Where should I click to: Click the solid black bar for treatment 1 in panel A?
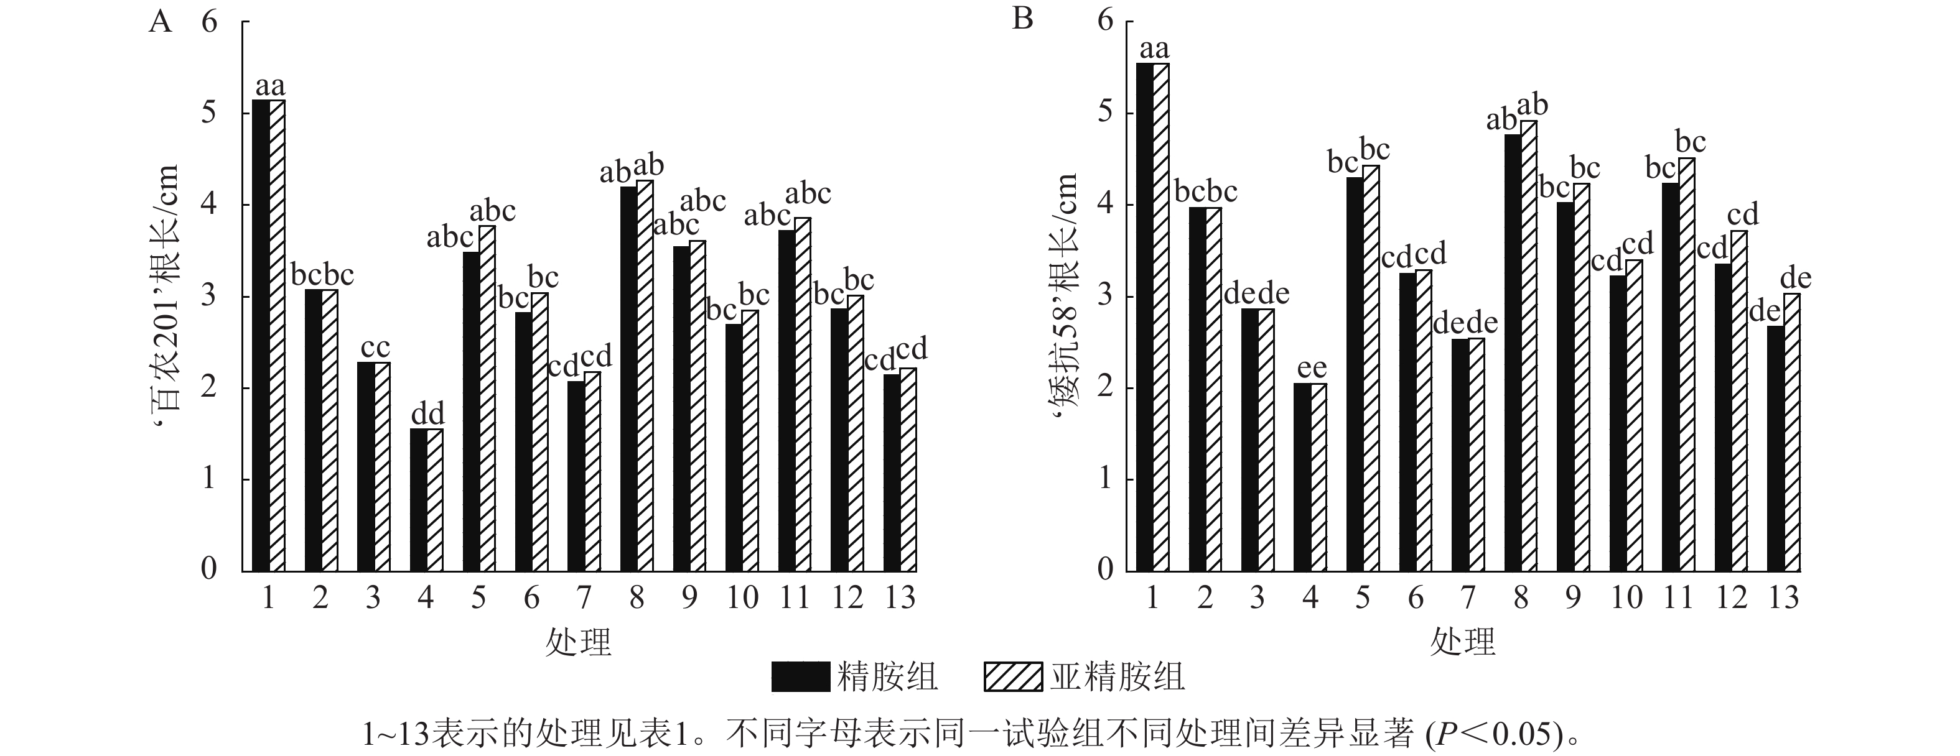point(260,334)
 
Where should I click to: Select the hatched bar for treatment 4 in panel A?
point(434,500)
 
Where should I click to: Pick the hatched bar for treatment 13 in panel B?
point(1792,432)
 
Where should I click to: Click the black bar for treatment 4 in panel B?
point(1302,477)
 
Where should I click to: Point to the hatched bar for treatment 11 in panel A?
point(803,394)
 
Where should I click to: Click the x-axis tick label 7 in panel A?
point(584,599)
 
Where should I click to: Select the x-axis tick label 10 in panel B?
point(1626,599)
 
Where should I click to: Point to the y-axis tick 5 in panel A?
point(208,113)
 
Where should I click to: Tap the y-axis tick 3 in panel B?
point(1105,296)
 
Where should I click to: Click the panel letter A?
point(161,21)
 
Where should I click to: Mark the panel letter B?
point(1022,18)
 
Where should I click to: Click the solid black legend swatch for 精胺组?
point(800,677)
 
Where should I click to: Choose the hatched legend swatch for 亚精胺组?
point(1013,677)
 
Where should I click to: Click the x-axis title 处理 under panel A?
point(578,643)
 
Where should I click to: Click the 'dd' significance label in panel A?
point(427,415)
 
